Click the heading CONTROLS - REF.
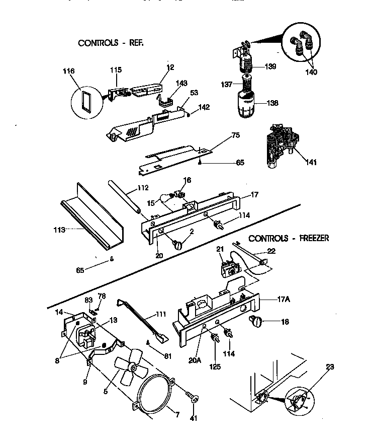point(111,43)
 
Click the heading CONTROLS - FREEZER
point(289,238)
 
